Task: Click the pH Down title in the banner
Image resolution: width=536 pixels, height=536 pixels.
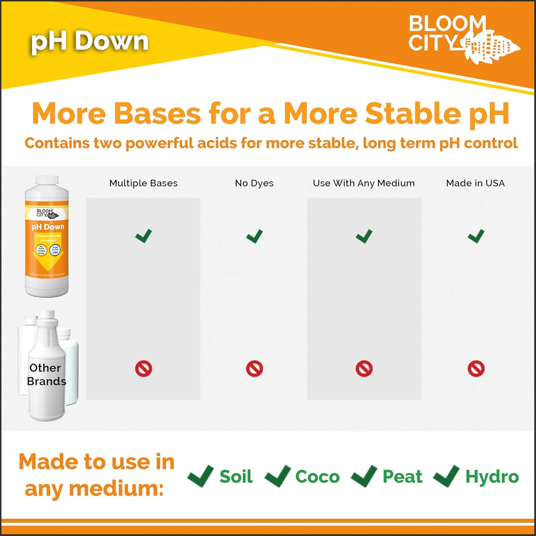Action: pos(90,42)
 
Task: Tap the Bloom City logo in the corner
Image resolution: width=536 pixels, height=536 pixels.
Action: pos(464,35)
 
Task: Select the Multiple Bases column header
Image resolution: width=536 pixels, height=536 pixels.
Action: pos(143,183)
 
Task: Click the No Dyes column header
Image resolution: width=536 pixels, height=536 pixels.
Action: pos(254,183)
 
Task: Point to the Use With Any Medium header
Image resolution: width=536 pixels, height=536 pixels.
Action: pos(364,183)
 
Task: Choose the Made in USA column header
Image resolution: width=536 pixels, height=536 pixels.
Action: pos(475,183)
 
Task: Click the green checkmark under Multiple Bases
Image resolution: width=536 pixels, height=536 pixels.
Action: pos(143,235)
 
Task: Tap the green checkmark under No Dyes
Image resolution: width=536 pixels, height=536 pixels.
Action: pos(254,235)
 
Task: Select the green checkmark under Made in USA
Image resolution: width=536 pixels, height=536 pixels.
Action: pos(475,235)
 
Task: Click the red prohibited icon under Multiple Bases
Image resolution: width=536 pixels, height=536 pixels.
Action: pos(143,368)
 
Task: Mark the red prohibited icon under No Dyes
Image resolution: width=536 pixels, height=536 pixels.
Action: pos(254,368)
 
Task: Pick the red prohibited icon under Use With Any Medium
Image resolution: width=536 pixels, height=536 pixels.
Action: pos(364,368)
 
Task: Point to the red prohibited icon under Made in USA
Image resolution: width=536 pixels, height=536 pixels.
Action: pos(475,368)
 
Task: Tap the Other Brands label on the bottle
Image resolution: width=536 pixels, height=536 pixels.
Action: pos(47,375)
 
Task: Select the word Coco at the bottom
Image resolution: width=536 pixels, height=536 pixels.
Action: pos(317,477)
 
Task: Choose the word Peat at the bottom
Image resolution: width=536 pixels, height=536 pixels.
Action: pos(403,477)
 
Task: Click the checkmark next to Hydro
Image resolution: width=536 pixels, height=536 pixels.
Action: pos(446,476)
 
